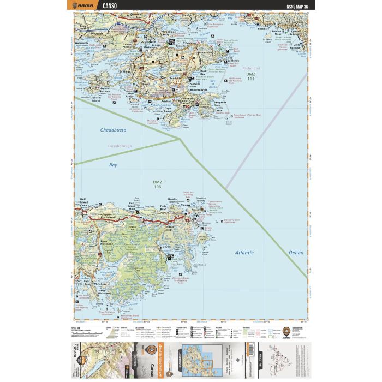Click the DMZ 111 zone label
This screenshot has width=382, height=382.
tap(250, 76)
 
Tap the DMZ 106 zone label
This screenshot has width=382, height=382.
tap(158, 185)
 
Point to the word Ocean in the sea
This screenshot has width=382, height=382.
tap(295, 253)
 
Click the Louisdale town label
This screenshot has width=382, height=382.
tap(148, 41)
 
